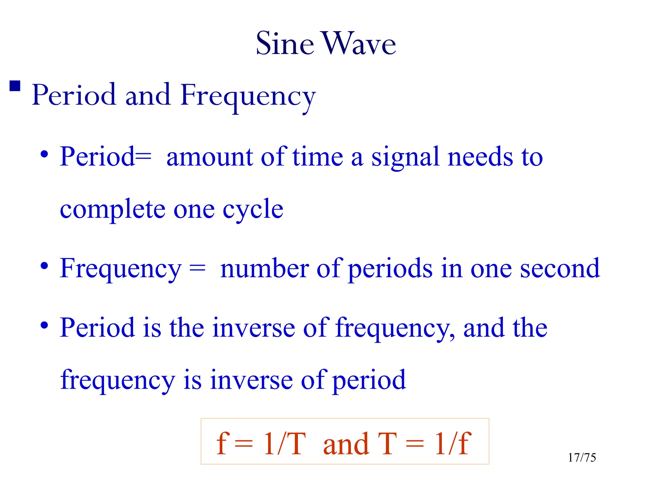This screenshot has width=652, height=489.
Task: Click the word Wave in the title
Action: click(x=359, y=44)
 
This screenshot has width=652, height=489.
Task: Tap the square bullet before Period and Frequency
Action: click(x=15, y=86)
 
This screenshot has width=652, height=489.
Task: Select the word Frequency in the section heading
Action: click(x=248, y=96)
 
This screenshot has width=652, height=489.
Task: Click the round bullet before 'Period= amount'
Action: click(x=44, y=155)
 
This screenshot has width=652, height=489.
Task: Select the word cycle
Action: click(x=253, y=210)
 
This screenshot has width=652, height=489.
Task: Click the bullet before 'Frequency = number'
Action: click(x=44, y=266)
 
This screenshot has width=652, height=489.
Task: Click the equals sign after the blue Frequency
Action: click(x=197, y=269)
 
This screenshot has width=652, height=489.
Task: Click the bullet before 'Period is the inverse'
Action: click(x=44, y=325)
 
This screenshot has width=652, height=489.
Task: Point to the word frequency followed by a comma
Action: click(x=395, y=329)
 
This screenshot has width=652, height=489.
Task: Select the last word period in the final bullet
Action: click(x=369, y=380)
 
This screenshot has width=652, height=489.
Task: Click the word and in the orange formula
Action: click(x=346, y=444)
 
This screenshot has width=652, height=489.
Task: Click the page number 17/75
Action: click(x=582, y=457)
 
